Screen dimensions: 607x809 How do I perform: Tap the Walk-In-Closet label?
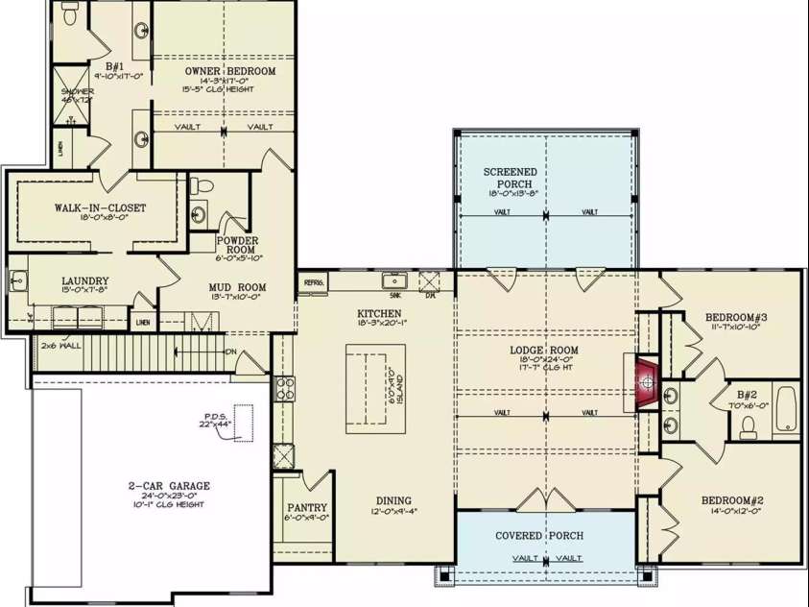(100, 207)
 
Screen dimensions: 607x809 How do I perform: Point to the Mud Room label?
(237, 287)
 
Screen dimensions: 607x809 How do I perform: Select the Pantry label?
(307, 508)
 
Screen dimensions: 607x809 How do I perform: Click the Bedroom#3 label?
(736, 318)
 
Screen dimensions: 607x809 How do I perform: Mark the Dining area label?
(393, 500)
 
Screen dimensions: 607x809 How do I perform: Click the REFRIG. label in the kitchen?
(314, 282)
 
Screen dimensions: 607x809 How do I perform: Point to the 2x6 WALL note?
(59, 344)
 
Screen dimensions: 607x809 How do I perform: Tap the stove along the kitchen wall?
(285, 389)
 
